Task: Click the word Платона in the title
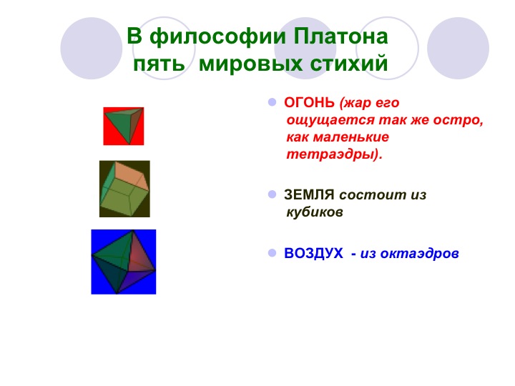click(340, 36)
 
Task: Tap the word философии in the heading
click(217, 36)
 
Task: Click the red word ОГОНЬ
click(309, 103)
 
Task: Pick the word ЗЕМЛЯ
click(309, 195)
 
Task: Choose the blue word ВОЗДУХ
click(313, 253)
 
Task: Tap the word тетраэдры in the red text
click(330, 154)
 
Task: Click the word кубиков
click(315, 212)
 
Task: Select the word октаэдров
click(419, 254)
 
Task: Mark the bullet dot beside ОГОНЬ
click(273, 102)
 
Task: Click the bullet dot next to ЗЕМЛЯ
click(273, 194)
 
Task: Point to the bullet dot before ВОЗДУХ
click(273, 253)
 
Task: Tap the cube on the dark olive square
click(124, 189)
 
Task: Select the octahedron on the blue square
click(123, 262)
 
